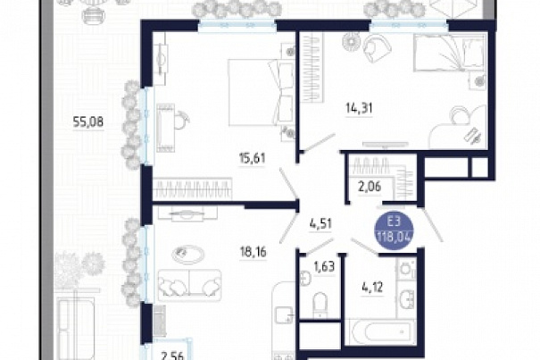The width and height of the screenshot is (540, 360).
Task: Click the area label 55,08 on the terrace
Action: tap(87, 121)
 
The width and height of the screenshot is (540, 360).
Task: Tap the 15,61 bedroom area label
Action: tap(253, 158)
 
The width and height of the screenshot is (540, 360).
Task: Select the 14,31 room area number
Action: tap(359, 108)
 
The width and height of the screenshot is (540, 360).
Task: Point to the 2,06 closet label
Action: tap(369, 187)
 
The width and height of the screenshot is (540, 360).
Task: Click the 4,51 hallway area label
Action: tap(320, 223)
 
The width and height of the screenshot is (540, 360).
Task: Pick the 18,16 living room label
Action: tap(253, 252)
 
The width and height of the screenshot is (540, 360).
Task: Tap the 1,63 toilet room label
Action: tap(324, 266)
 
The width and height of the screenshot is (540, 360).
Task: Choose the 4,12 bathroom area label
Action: tap(372, 287)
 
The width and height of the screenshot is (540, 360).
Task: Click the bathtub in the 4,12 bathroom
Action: tap(380, 331)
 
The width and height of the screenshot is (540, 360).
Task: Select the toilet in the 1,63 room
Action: tap(320, 303)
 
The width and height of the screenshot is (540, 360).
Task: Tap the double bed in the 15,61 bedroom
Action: tap(261, 92)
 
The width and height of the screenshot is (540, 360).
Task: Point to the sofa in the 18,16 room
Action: tap(189, 285)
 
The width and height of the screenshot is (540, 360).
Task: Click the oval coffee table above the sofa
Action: tap(187, 255)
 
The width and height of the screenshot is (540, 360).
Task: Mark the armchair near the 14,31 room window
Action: tap(377, 48)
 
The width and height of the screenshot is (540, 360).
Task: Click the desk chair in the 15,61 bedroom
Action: tap(181, 120)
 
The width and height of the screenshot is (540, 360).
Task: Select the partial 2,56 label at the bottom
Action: tap(173, 356)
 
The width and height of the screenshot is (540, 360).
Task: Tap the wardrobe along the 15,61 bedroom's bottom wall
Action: tap(193, 188)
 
